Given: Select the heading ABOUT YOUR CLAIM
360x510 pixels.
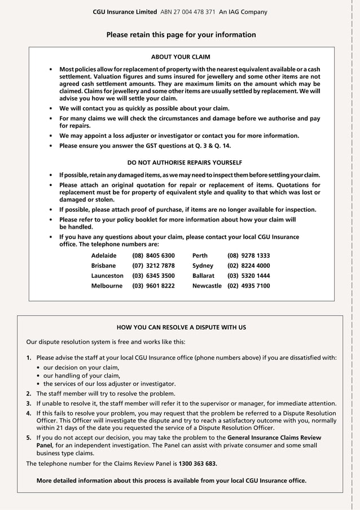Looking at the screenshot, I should click(x=181, y=57).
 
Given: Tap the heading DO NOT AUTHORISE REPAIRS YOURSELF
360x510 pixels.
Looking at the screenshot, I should click(x=181, y=162).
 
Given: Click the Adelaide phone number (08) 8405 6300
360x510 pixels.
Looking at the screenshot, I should click(x=153, y=255).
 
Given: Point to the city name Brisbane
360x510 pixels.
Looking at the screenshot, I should click(x=103, y=265).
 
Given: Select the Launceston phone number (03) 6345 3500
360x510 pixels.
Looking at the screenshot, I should click(x=153, y=276).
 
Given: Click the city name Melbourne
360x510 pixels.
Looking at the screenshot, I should click(x=107, y=286).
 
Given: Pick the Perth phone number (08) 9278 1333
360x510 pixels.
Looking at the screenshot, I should click(x=248, y=255).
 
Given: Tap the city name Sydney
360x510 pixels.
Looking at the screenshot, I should click(x=203, y=265).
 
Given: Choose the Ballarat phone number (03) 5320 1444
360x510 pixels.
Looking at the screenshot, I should click(x=248, y=276).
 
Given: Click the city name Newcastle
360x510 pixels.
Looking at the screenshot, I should click(x=207, y=286).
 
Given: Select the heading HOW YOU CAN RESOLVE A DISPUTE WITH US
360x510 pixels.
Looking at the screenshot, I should click(x=181, y=327).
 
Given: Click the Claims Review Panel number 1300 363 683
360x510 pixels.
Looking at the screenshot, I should click(x=197, y=463).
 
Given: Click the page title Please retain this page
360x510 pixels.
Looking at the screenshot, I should click(x=181, y=34).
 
